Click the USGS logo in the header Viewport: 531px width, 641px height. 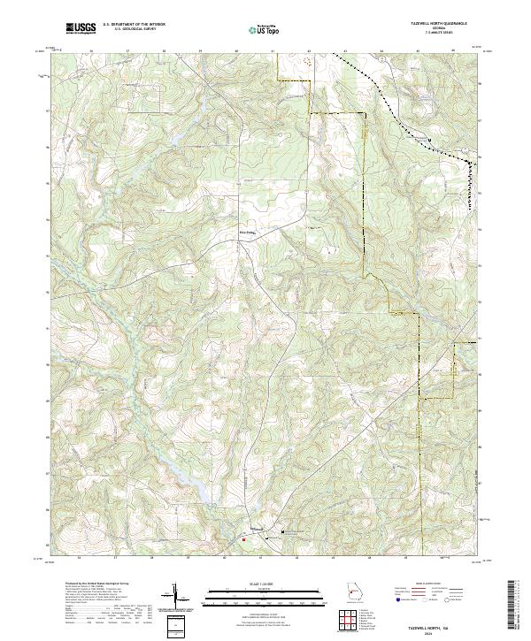click(81, 28)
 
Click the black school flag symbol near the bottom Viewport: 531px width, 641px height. click(283, 531)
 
